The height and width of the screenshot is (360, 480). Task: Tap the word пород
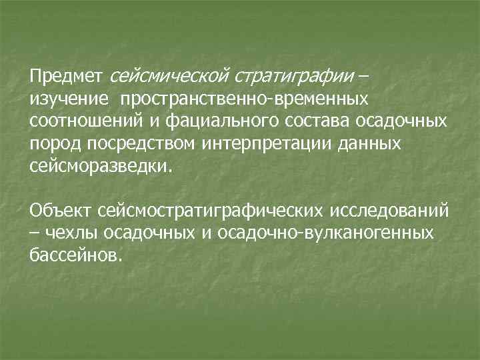click(51, 143)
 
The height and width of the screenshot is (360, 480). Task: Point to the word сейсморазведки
click(100, 165)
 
